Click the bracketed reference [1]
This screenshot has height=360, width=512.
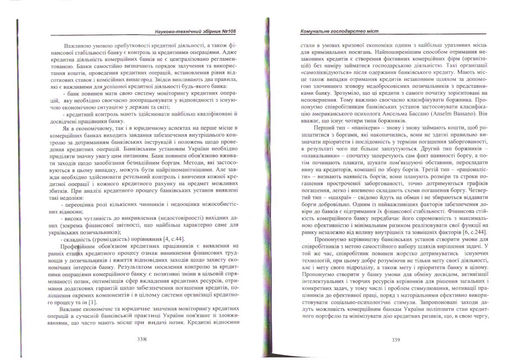pyautogui.click(x=92, y=302)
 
